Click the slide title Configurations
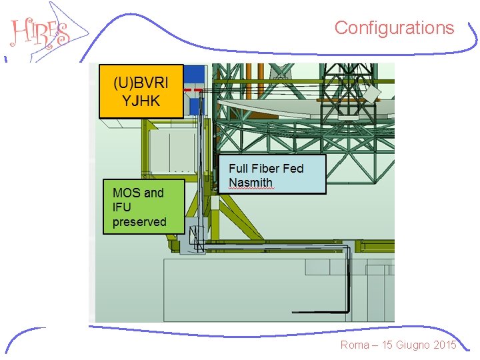pos(394,28)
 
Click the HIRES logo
pos(40,31)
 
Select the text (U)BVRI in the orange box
pos(141,83)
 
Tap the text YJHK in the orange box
pos(141,101)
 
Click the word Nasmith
pos(251,183)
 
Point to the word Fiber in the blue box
pos(267,168)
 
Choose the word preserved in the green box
pos(139,222)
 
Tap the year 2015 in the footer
pos(443,345)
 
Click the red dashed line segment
pos(194,89)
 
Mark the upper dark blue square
pos(194,74)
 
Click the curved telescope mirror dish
pos(300,110)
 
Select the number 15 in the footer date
pos(388,345)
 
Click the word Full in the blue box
pos(239,168)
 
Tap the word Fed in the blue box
pos(293,168)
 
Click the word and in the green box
pos(153,193)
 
